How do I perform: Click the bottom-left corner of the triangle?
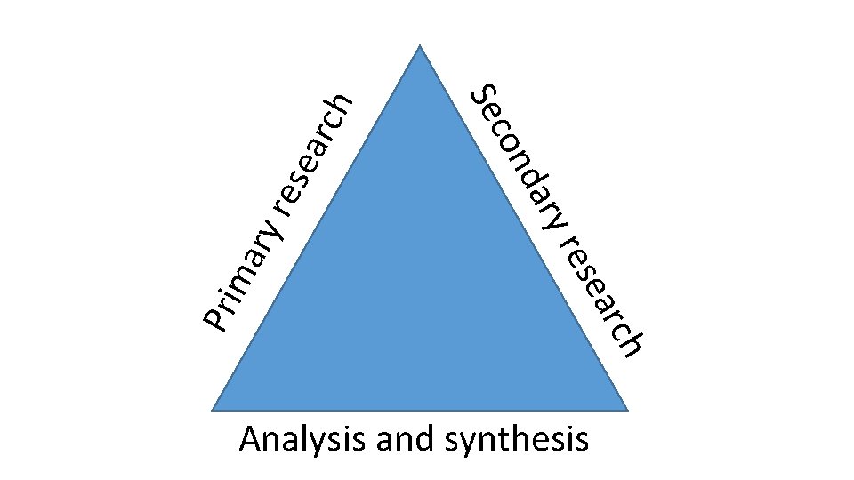[x=212, y=410]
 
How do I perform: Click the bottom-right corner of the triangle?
[x=628, y=410]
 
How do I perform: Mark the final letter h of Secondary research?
[x=632, y=343]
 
